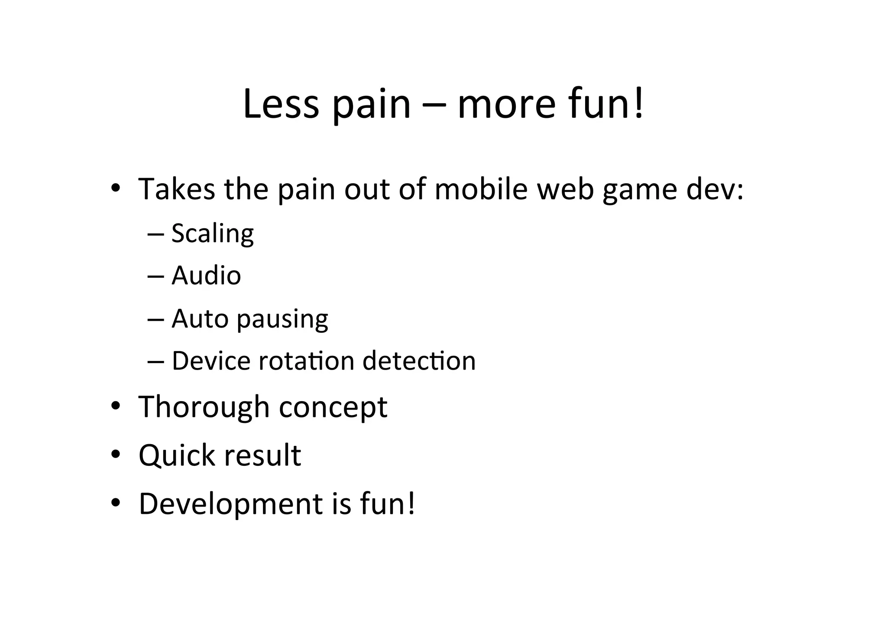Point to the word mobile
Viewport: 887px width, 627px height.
click(481, 189)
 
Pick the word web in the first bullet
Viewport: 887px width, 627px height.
click(565, 189)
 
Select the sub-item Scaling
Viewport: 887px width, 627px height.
click(212, 234)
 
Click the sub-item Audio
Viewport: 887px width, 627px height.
click(206, 276)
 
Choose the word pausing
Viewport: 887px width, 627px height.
click(282, 320)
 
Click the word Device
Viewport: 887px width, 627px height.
click(211, 361)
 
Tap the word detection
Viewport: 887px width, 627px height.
click(419, 361)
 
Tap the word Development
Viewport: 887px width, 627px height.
click(230, 504)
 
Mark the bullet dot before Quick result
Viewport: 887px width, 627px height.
click(115, 455)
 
